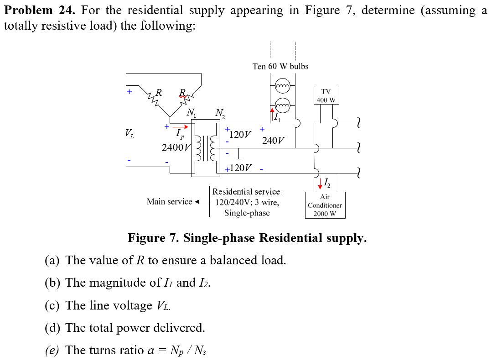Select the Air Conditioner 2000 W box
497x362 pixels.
tap(325, 205)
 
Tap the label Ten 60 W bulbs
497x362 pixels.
tap(280, 66)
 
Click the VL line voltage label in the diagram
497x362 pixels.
tap(130, 134)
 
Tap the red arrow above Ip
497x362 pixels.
tap(180, 126)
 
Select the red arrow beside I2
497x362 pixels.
tap(320, 184)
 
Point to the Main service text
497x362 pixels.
tap(170, 201)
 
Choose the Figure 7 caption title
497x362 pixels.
tap(247, 238)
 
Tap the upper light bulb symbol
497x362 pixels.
tap(283, 86)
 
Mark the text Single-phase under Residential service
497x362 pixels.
tap(247, 213)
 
